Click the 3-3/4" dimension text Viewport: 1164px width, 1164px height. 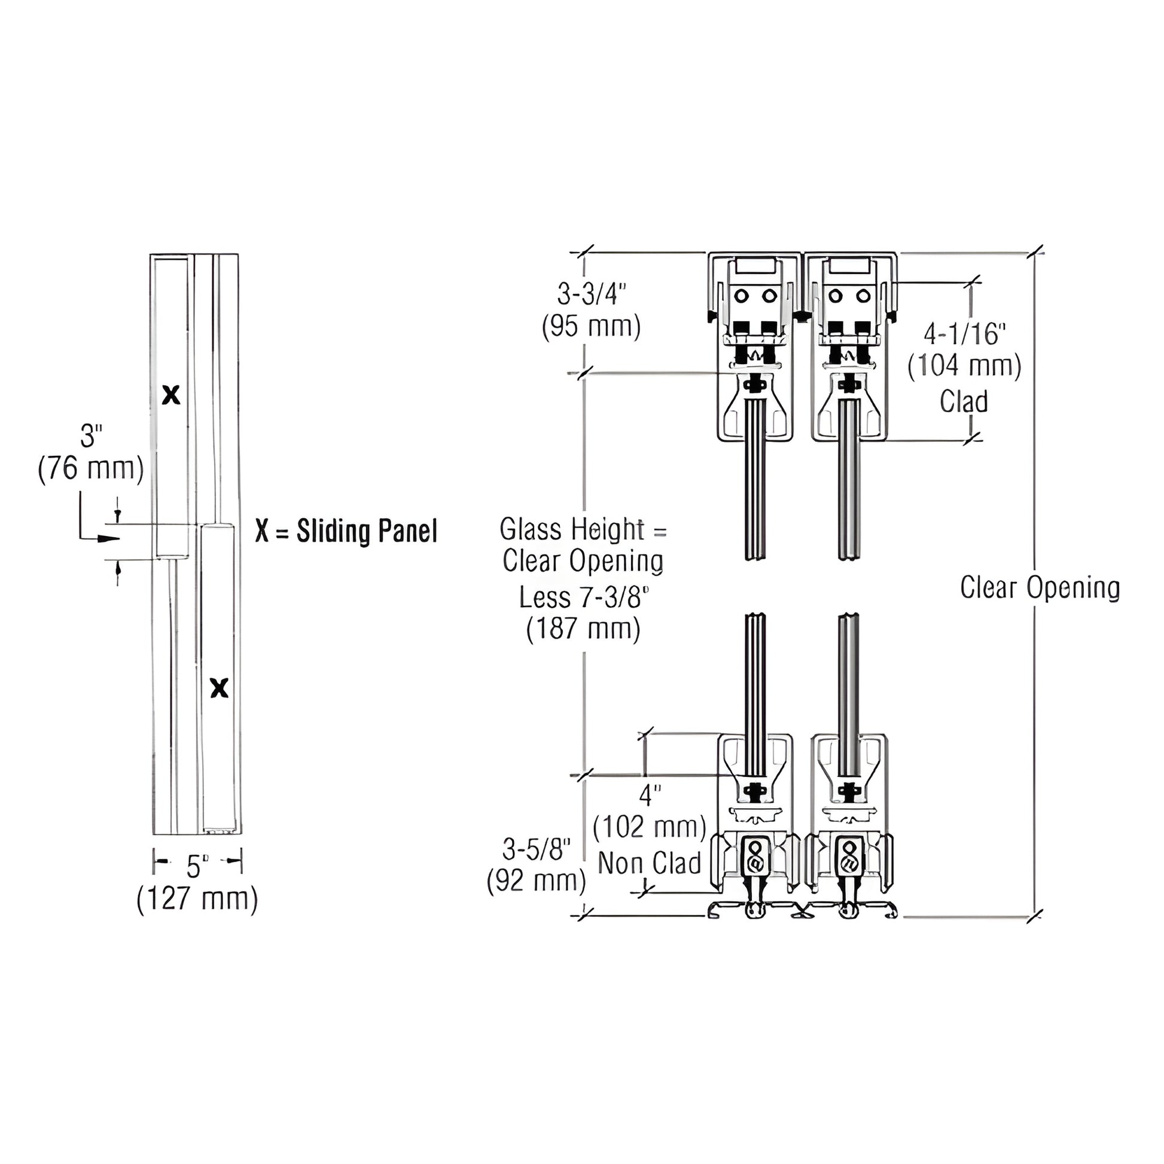[x=591, y=295]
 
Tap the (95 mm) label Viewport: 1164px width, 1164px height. [x=591, y=327]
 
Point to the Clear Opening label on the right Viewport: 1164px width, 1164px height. [x=1040, y=587]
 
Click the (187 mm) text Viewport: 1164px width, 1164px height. [x=583, y=630]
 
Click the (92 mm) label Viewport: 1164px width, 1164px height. [x=536, y=882]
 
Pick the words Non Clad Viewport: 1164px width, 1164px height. [x=650, y=863]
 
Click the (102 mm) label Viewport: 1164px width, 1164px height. [x=650, y=827]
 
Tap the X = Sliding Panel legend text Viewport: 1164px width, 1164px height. [x=346, y=531]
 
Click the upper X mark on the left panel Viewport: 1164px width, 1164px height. [x=172, y=395]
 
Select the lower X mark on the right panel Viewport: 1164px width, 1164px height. [x=220, y=687]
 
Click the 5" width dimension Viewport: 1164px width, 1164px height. [x=197, y=866]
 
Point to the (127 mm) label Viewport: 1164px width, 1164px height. [x=197, y=900]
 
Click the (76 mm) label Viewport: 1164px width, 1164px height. [x=91, y=468]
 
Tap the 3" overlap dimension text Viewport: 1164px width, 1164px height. [x=91, y=435]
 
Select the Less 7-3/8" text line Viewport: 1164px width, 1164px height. [x=584, y=598]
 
